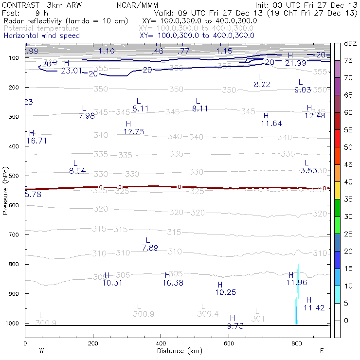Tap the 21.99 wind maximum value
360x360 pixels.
[296, 63]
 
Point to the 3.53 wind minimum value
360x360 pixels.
[309, 170]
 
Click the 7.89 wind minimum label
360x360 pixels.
[150, 248]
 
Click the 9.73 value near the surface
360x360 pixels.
[235, 325]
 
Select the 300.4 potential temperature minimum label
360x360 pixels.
[208, 314]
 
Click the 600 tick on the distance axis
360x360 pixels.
[229, 343]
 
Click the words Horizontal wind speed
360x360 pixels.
[42, 36]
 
